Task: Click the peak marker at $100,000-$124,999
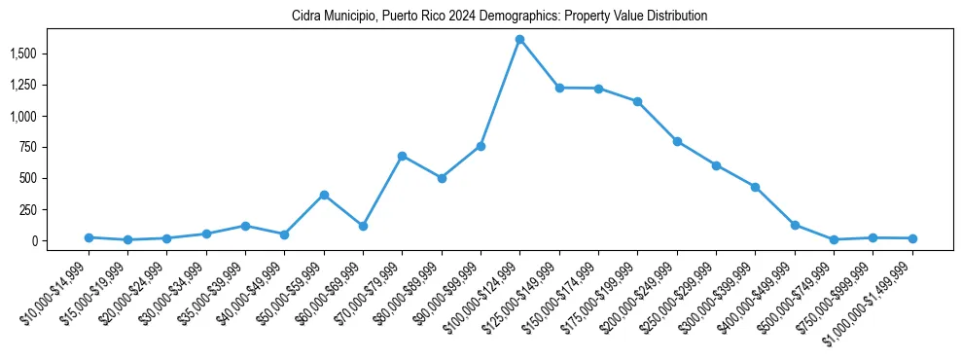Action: [x=519, y=40]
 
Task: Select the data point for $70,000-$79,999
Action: [x=402, y=156]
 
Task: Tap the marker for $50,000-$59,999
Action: [x=324, y=195]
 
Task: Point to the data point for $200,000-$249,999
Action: [x=677, y=141]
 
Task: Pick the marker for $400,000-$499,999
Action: [x=795, y=225]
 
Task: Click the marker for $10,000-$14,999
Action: [x=89, y=237]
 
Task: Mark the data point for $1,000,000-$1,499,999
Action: [x=912, y=238]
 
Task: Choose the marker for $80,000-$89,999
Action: [x=442, y=178]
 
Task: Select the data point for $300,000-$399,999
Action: [x=755, y=187]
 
